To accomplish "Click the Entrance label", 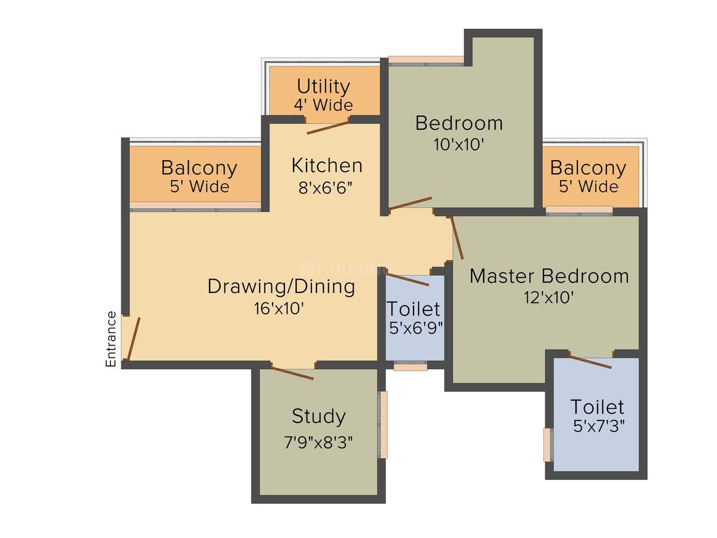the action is click(x=111, y=339).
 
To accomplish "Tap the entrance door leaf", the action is click(x=133, y=338).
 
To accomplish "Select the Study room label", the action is click(x=319, y=417).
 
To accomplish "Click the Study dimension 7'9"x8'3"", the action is click(x=318, y=442).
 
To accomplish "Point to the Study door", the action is click(x=292, y=372).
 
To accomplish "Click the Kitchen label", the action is click(x=327, y=166).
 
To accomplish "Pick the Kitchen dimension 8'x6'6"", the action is click(x=326, y=187).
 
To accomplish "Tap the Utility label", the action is click(x=323, y=86).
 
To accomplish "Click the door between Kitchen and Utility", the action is click(x=328, y=127).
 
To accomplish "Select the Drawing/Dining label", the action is click(x=281, y=287).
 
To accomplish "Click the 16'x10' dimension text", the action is click(x=279, y=309).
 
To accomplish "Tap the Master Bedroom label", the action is click(x=549, y=276).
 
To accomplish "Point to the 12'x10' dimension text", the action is click(x=548, y=298).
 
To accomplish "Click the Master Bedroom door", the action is click(x=457, y=238).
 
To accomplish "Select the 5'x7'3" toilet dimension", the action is click(x=598, y=426).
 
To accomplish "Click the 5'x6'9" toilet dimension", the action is click(x=416, y=328).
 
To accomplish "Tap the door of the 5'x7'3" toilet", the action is click(x=590, y=361).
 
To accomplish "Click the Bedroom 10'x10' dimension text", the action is click(x=459, y=145).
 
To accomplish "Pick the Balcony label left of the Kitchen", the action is click(x=200, y=168).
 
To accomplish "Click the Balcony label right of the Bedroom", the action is click(x=588, y=168).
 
